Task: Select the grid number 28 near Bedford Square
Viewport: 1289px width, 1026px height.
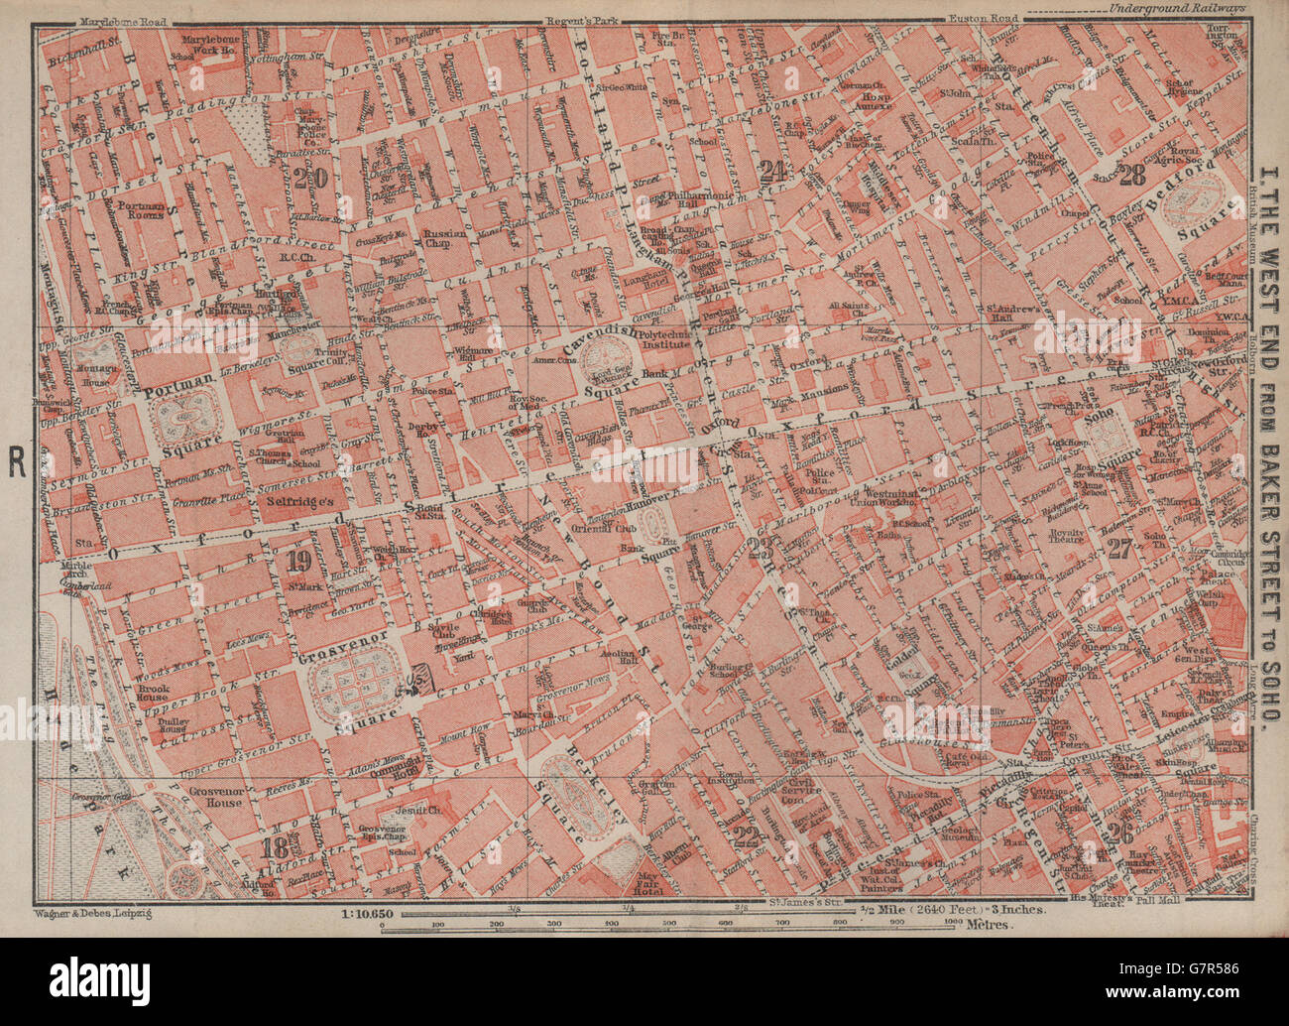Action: pyautogui.click(x=1131, y=176)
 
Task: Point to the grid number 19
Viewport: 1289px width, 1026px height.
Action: pyautogui.click(x=297, y=561)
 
